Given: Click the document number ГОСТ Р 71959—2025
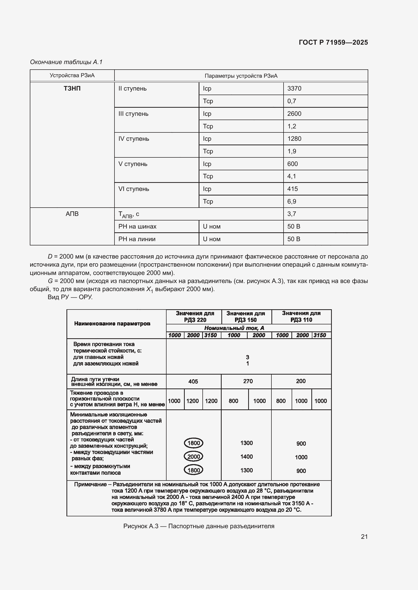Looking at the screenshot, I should tap(333, 42).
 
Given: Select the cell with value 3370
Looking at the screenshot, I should tap(294, 88).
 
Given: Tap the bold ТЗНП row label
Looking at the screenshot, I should tap(72, 88).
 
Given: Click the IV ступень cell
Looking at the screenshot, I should tap(134, 139).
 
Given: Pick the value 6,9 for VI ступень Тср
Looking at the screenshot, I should tap(292, 202).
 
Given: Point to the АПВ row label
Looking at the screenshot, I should tap(72, 214).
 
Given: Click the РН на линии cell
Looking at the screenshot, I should tap(137, 239).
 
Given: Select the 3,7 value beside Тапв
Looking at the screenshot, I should tap(292, 214).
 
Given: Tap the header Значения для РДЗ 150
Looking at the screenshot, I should tap(246, 317).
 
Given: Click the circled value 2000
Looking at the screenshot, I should tap(194, 456).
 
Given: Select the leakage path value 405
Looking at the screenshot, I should tap(193, 381).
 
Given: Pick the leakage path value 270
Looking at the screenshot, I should tap(248, 381).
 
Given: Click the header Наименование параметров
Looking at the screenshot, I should tap(112, 324).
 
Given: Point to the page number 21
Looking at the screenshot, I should tap(364, 537).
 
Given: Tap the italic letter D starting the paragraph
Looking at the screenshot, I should tap(50, 257).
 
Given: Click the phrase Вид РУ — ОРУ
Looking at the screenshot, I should tap(70, 297).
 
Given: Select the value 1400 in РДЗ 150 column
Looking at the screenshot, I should tap(246, 456).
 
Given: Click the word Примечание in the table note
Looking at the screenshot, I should tap(90, 484).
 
